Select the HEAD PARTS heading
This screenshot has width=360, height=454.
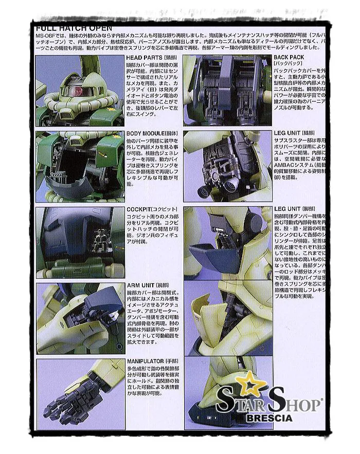click(x=145, y=58)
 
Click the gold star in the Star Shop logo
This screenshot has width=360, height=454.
click(x=248, y=384)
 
